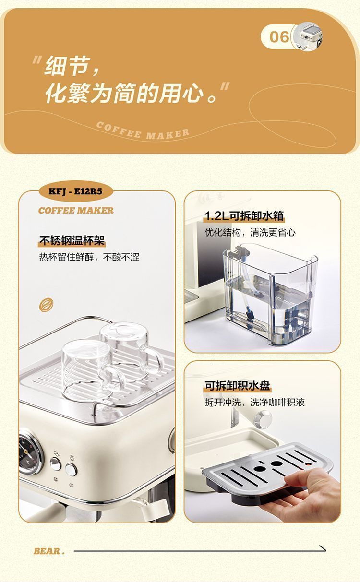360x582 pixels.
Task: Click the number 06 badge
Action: coord(279,36)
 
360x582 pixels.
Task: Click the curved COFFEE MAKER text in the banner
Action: coord(143,130)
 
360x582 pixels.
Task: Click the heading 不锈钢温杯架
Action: coord(72,240)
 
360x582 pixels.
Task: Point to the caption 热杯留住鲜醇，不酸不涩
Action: coord(89,257)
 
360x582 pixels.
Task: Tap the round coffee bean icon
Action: coord(46,304)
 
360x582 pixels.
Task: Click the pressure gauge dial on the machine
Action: coord(29,451)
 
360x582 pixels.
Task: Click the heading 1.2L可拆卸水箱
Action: coord(244,216)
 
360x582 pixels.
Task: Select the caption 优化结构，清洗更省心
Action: coord(250,233)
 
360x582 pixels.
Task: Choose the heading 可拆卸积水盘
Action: coord(237,386)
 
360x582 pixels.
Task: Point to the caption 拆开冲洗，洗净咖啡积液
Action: coord(254,402)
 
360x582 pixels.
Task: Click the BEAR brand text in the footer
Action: coord(48,551)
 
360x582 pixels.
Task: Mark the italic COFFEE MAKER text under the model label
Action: coord(76,210)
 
